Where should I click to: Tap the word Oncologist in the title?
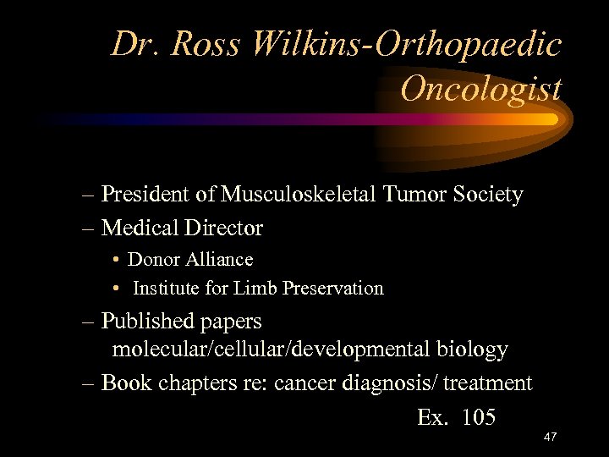point(480,87)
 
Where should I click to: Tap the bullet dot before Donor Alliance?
point(114,260)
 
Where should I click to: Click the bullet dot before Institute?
point(114,289)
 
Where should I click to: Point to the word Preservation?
point(332,288)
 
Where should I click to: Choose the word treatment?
point(490,383)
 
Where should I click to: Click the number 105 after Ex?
point(480,417)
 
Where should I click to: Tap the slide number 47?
point(549,438)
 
